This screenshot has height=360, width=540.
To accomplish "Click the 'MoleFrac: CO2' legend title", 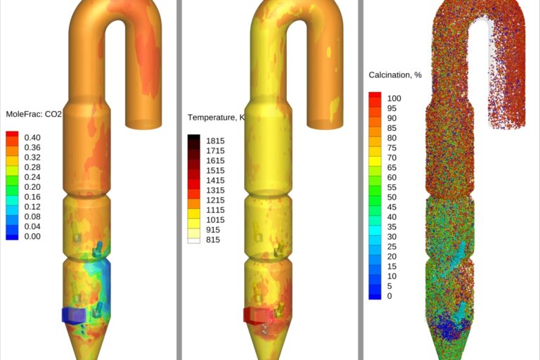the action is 34,114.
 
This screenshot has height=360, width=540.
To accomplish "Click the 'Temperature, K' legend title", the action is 217,117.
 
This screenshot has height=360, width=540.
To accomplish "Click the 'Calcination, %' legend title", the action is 395,75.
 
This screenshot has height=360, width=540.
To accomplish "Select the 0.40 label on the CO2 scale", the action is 32,137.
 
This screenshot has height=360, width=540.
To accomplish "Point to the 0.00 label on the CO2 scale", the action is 32,236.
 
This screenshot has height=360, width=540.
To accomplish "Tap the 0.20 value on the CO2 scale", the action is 32,187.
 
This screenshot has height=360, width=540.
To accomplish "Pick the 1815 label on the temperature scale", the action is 215,141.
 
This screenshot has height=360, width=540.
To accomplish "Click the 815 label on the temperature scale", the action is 213,240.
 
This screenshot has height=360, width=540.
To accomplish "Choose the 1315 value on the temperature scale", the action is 215,190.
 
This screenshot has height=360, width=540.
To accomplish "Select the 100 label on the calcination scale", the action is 394,98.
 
